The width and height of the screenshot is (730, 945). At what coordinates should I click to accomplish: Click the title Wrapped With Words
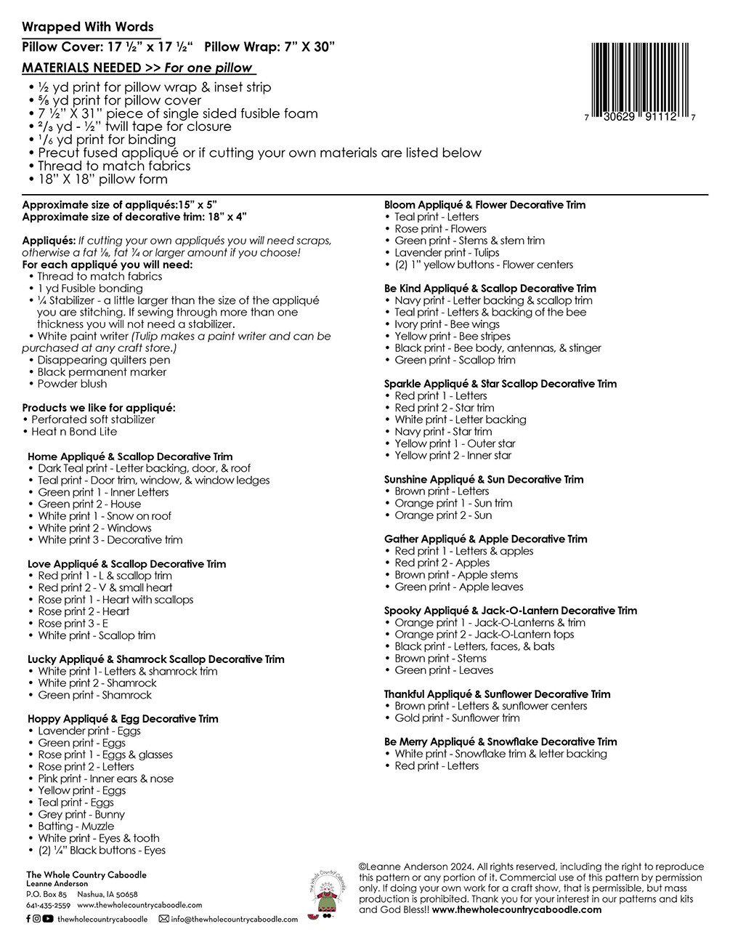click(88, 27)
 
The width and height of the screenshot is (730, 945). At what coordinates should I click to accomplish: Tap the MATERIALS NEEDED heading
click(81, 68)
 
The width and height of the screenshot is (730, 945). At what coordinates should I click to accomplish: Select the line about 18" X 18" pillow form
click(102, 179)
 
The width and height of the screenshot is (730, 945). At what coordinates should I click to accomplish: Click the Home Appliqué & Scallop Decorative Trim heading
click(130, 457)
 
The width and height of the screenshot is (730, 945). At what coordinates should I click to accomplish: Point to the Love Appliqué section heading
click(126, 563)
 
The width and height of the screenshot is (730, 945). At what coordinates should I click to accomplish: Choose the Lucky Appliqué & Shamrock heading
click(155, 659)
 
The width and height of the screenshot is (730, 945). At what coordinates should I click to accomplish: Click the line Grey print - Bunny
click(81, 814)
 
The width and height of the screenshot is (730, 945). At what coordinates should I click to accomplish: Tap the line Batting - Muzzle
click(76, 826)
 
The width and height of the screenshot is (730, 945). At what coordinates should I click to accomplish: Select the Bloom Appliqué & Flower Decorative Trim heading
click(484, 205)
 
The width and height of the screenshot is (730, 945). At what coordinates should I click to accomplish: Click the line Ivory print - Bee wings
click(447, 324)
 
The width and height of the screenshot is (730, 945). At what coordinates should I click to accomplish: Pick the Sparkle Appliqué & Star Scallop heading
click(500, 384)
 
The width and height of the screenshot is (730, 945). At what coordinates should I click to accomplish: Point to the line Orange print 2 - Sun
click(443, 515)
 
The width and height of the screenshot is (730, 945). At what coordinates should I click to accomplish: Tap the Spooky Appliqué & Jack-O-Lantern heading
click(510, 611)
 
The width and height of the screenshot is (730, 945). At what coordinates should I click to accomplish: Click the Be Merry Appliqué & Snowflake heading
click(500, 741)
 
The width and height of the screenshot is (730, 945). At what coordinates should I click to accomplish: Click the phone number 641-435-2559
click(48, 906)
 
